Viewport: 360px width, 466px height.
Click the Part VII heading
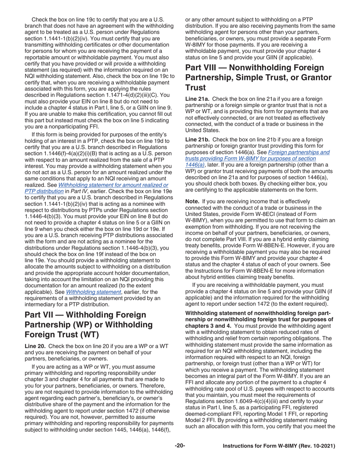click(x=85, y=325)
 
